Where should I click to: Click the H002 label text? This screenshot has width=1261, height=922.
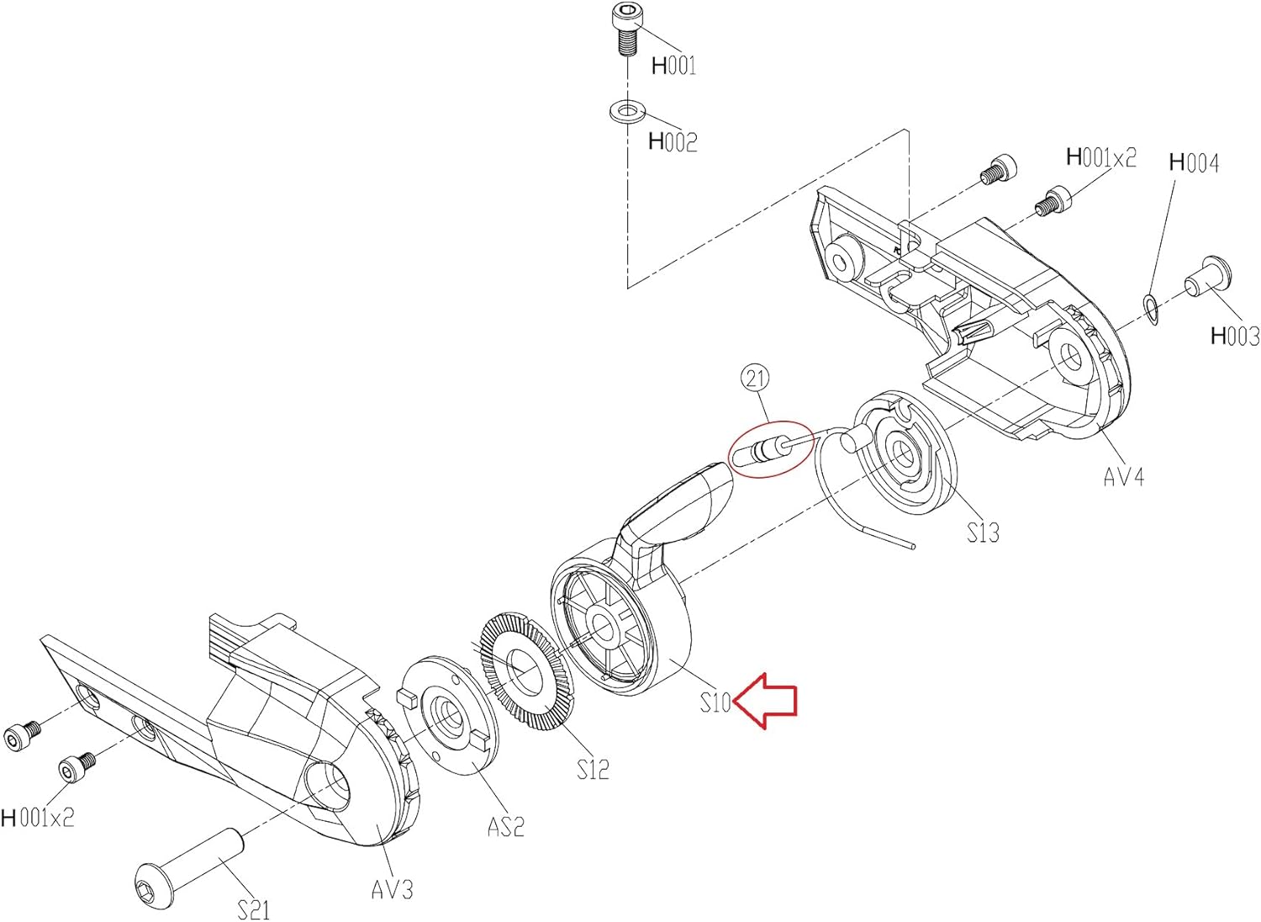click(x=673, y=141)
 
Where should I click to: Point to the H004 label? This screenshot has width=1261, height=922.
click(x=1194, y=162)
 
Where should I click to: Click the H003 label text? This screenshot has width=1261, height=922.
click(x=1234, y=336)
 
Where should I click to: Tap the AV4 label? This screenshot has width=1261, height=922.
click(x=1123, y=477)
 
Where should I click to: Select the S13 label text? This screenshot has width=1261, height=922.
click(x=982, y=533)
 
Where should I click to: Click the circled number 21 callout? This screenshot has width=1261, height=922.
click(x=755, y=379)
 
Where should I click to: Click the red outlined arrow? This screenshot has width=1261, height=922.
click(x=767, y=700)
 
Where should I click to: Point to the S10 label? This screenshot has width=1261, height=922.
click(x=715, y=702)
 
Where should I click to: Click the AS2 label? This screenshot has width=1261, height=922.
click(x=505, y=827)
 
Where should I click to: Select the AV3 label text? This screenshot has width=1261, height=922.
click(x=392, y=889)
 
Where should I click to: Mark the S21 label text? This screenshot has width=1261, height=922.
click(x=253, y=909)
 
